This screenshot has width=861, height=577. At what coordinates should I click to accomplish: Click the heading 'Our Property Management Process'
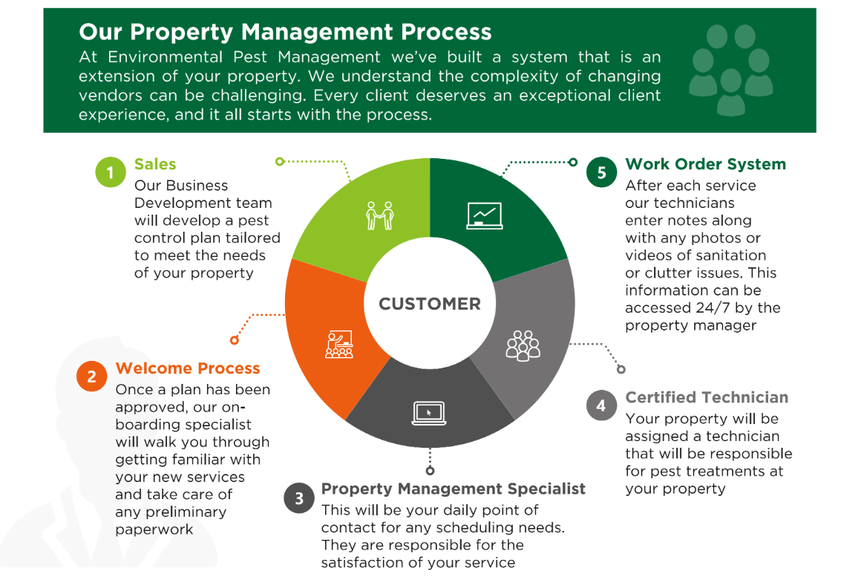click(285, 32)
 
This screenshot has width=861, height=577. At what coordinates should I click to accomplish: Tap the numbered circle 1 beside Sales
click(111, 172)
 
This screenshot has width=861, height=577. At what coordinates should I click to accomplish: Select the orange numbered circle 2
click(92, 376)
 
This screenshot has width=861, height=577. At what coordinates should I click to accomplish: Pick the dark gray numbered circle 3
click(298, 498)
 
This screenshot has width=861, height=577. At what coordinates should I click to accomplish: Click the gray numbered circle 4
click(601, 405)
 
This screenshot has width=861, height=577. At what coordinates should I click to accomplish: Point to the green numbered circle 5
click(601, 172)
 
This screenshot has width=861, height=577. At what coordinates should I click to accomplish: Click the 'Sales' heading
click(155, 164)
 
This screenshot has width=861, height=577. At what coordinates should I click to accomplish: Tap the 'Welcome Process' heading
click(188, 368)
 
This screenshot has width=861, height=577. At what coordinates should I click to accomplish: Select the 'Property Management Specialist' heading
click(453, 489)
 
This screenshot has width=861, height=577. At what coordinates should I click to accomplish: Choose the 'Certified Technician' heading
click(707, 397)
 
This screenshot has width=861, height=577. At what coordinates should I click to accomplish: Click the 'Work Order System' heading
click(706, 164)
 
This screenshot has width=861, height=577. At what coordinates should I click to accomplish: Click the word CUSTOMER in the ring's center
click(430, 304)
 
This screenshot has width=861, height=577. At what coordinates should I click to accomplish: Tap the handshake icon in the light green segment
click(380, 215)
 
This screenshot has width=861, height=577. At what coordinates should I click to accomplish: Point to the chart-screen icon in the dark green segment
click(484, 215)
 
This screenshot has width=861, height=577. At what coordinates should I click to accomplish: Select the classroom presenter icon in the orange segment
click(339, 345)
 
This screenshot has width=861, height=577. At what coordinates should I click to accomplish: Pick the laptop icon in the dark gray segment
click(430, 413)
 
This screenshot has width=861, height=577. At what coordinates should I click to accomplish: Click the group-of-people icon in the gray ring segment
click(523, 345)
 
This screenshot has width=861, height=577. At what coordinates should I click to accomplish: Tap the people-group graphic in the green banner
click(731, 71)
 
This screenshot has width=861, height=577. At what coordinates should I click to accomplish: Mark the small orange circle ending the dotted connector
click(235, 340)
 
